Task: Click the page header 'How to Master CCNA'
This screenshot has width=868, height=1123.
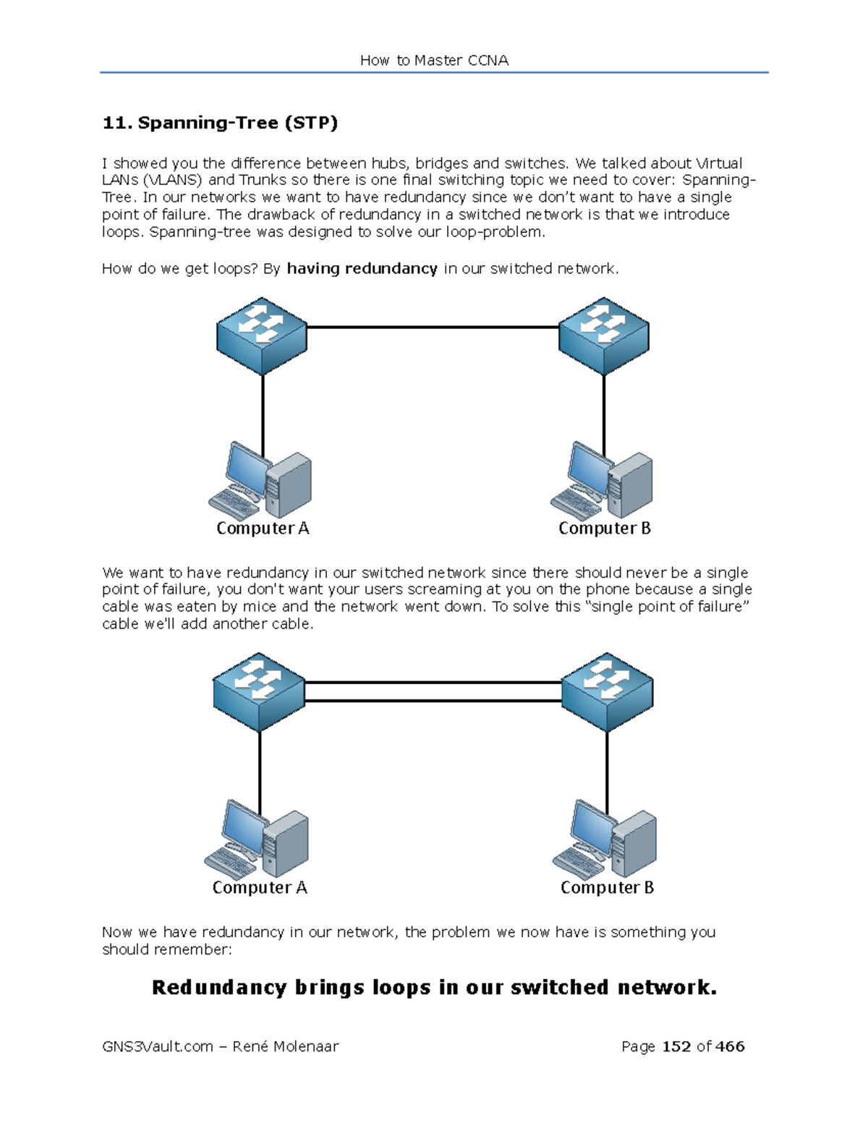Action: pos(434,61)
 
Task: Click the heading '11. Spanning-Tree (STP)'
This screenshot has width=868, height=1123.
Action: pos(220,123)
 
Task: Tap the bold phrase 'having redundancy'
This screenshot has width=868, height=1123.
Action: pos(362,269)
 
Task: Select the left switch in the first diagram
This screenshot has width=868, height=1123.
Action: pos(262,336)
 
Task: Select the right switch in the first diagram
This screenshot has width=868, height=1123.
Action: pos(604,336)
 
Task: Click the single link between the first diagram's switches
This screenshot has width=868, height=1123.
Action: pos(433,328)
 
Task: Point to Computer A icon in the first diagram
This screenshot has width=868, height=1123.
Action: pos(261,482)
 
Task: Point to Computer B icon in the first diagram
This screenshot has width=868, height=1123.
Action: pos(603,482)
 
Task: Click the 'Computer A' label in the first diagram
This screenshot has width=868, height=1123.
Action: pos(263,529)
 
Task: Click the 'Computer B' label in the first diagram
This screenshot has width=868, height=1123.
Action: pos(605,529)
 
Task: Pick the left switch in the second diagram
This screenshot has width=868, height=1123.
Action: pos(259,692)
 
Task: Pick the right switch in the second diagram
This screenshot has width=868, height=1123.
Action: pos(608,692)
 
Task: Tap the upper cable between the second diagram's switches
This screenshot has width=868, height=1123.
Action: pos(433,682)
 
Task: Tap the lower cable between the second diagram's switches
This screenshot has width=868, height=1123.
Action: pos(433,701)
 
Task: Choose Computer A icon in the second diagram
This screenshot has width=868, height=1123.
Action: pos(258,840)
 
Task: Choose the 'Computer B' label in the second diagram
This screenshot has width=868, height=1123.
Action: pos(607,888)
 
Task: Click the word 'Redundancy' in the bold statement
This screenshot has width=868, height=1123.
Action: pos(219,988)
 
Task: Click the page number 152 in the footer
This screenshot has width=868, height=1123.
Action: pos(676,1046)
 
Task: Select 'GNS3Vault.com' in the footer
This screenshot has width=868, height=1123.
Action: pos(158,1046)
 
